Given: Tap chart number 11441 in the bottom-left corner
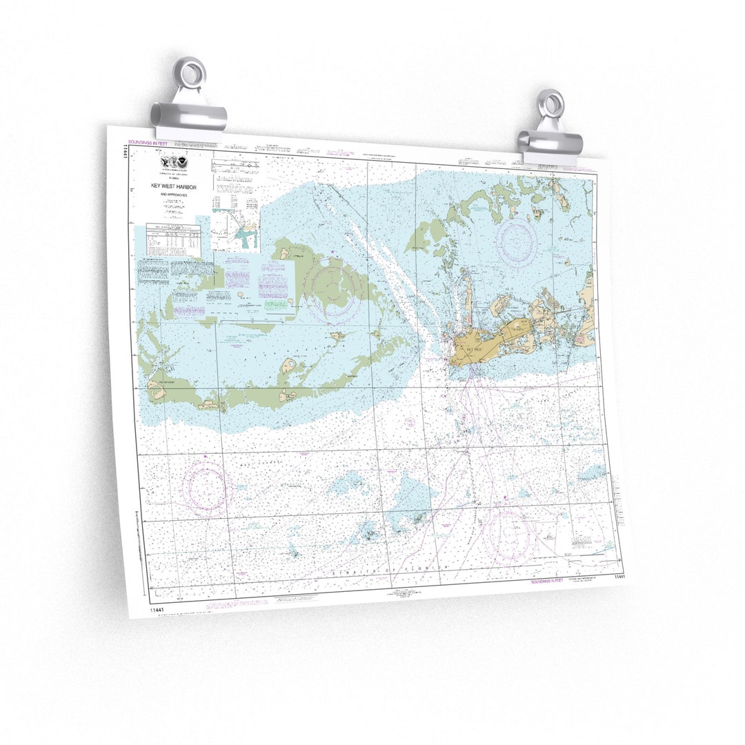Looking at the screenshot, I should (158, 610).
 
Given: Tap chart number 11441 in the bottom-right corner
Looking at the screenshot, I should (618, 576).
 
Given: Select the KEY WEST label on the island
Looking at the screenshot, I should (474, 350).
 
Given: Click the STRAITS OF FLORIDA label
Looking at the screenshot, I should (390, 570).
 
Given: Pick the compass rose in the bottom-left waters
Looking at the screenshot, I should (205, 489).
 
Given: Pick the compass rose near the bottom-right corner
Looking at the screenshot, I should (508, 533).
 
